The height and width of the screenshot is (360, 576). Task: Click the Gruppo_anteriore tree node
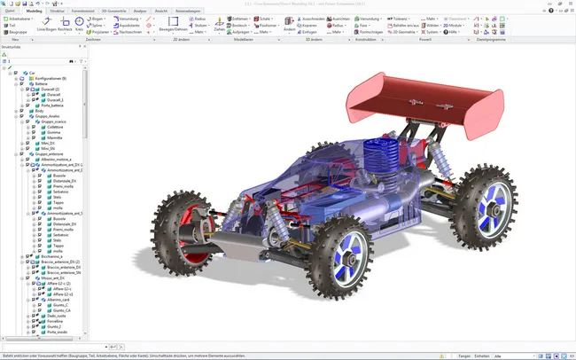point(50,153)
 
